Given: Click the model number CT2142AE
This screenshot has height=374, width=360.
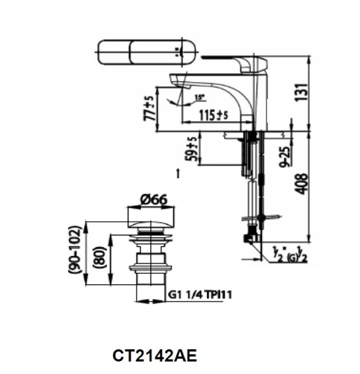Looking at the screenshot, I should (x=155, y=356).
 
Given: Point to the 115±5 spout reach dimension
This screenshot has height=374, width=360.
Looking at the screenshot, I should (x=212, y=114).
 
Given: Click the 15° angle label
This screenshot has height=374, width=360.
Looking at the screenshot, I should (x=199, y=98).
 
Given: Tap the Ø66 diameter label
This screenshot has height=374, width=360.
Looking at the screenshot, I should (x=153, y=200).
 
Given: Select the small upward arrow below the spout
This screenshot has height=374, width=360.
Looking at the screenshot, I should (x=178, y=173).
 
